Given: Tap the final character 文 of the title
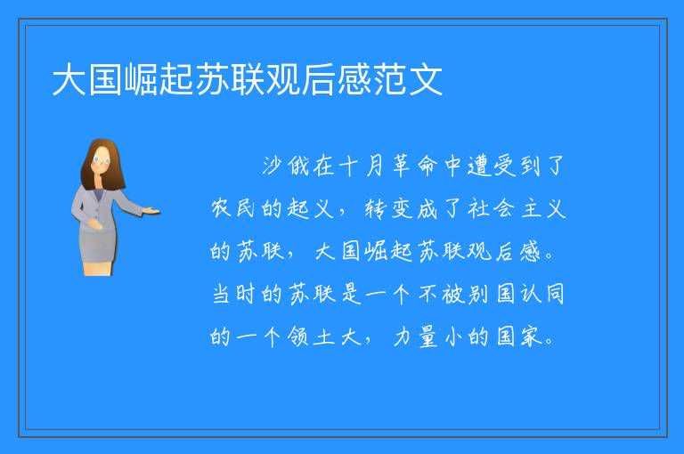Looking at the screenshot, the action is pyautogui.click(x=426, y=79).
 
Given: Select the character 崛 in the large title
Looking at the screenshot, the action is pyautogui.click(x=141, y=79).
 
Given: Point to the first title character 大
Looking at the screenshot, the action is pyautogui.click(x=69, y=79).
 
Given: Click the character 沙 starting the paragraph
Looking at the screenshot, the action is pyautogui.click(x=272, y=166).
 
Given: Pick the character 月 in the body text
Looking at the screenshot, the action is pyautogui.click(x=375, y=166).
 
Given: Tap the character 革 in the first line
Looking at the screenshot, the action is pyautogui.click(x=401, y=166).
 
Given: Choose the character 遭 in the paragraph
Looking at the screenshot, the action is pyautogui.click(x=479, y=166).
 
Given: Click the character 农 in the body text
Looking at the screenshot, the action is pyautogui.click(x=220, y=208).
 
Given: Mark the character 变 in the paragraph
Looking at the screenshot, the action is pyautogui.click(x=402, y=208).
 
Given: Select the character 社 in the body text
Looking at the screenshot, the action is pyautogui.click(x=478, y=208).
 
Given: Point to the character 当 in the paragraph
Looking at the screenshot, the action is pyautogui.click(x=220, y=294).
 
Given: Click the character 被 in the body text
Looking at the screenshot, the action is pyautogui.click(x=453, y=294).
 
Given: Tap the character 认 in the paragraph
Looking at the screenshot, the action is pyautogui.click(x=531, y=294).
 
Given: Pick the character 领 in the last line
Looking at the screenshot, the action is pyautogui.click(x=298, y=336).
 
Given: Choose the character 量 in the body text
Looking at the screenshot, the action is pyautogui.click(x=427, y=336).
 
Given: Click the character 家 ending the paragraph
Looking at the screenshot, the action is pyautogui.click(x=531, y=336).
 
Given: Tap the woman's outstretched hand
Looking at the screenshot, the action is pyautogui.click(x=151, y=212).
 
